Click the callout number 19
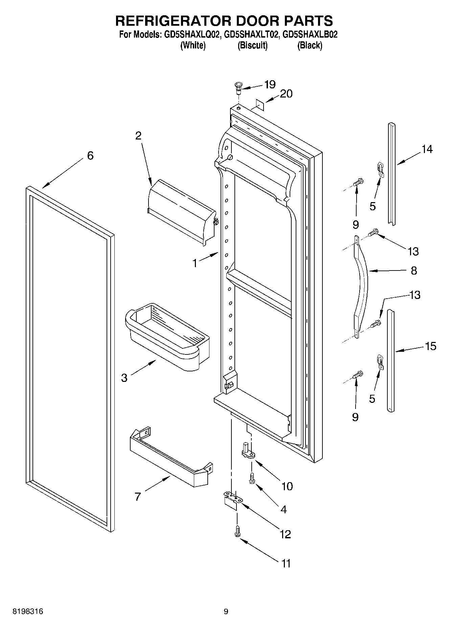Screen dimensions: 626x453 270,84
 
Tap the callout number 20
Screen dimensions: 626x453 286,94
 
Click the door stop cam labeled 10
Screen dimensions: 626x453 248,450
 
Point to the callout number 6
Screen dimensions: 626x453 90,156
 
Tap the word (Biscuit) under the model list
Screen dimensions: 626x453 252,45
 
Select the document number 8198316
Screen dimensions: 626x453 28,611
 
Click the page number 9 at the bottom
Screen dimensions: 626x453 226,611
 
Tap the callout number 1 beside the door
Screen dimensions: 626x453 195,263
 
